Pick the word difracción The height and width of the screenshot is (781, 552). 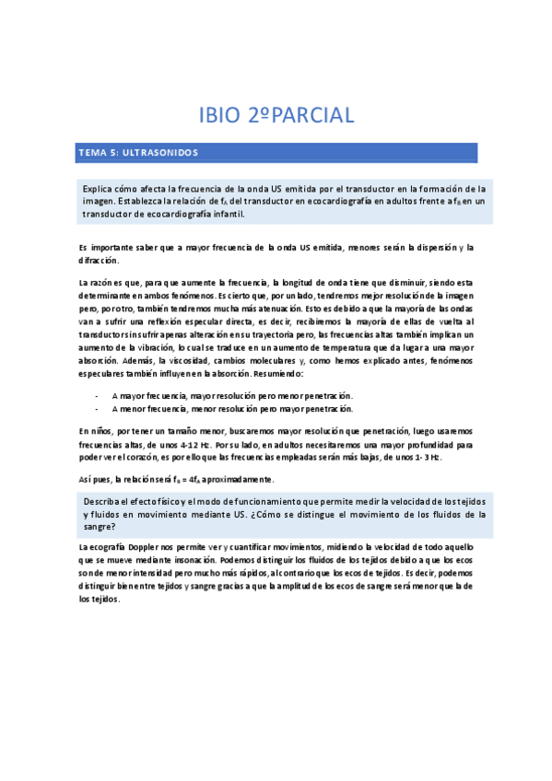(100, 261)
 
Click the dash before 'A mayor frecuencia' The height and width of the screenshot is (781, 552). (97, 394)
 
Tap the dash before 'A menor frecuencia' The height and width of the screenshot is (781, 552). (97, 408)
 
